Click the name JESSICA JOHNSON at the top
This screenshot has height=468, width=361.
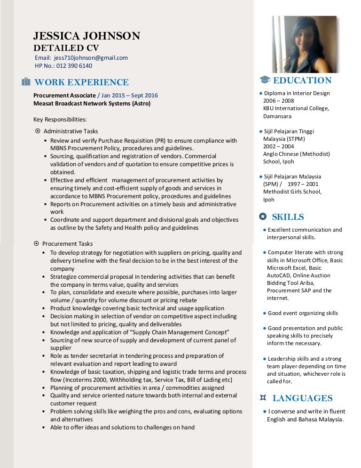tap(86, 36)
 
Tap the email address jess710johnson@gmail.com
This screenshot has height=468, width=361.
tap(91, 58)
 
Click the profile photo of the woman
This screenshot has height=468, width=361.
tap(304, 44)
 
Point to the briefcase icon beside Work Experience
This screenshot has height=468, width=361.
tap(26, 82)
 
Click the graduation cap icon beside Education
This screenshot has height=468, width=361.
tap(265, 81)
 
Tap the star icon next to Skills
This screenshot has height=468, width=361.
tap(263, 217)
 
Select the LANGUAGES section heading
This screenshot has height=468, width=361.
tap(302, 398)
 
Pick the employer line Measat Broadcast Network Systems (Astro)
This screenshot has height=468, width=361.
tap(92, 103)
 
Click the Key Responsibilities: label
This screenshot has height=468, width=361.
tap(60, 120)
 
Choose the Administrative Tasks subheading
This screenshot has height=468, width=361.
tap(71, 131)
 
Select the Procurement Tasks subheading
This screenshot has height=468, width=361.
tap(67, 244)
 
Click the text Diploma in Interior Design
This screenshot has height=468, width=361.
tap(297, 93)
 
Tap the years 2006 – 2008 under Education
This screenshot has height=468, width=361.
tap(278, 101)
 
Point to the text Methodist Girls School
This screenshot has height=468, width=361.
tap(292, 192)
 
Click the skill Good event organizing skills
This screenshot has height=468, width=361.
tap(303, 313)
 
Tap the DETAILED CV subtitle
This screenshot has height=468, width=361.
tap(66, 48)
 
